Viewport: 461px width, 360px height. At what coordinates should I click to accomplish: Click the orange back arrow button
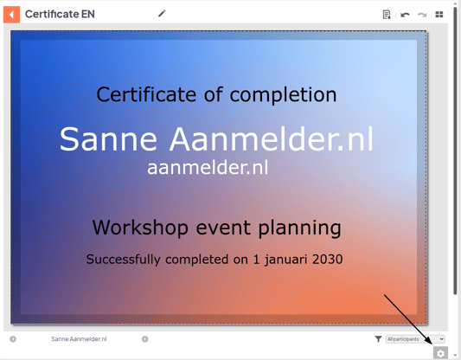[11, 14]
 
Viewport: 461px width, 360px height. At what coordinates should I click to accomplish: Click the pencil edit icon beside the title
[162, 14]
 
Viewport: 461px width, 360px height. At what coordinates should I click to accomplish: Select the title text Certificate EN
[60, 14]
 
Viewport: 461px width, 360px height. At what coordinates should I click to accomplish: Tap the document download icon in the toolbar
[387, 15]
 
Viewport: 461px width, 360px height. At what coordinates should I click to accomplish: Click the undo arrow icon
[405, 15]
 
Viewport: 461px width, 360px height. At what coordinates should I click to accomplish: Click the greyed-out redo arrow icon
[422, 15]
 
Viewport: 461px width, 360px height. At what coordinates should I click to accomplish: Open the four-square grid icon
[439, 15]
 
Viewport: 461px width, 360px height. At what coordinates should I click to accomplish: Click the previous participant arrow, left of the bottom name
[13, 339]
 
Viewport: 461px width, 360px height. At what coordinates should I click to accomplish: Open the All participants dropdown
[415, 339]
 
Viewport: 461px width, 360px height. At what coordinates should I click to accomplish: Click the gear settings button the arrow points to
[441, 353]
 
